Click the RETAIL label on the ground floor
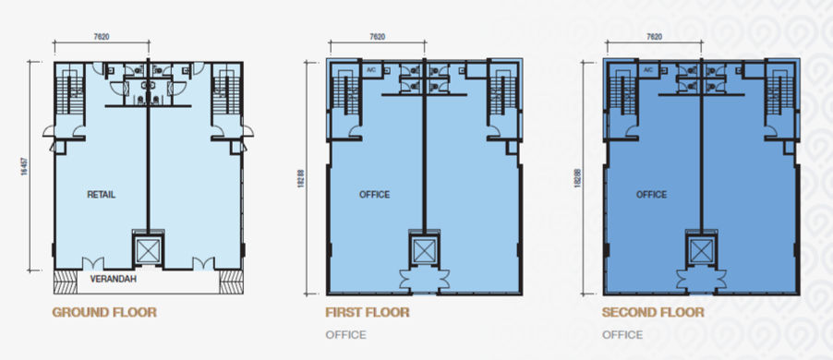point(101,195)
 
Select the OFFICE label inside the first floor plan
point(374,195)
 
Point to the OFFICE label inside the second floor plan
point(651,195)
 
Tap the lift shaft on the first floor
point(424,250)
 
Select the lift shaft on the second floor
point(700,250)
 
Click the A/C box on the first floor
point(371,70)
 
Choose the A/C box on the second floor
point(647,70)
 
